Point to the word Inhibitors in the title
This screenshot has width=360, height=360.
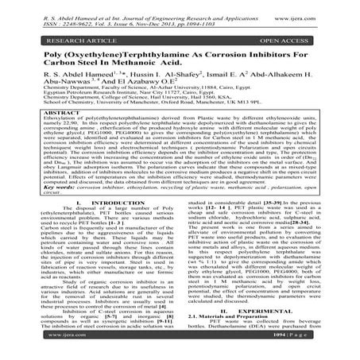pyautogui.click(x=273, y=52)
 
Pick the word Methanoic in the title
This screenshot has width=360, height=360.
pyautogui.click(x=149, y=62)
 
